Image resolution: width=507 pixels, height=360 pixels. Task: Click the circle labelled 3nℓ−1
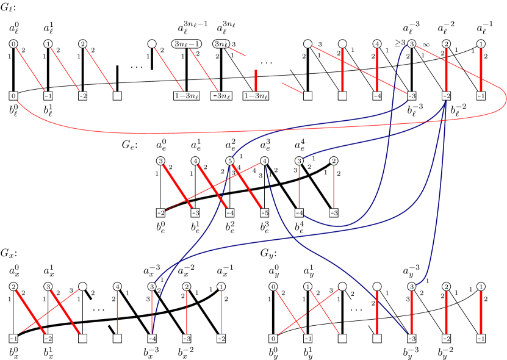click(x=186, y=44)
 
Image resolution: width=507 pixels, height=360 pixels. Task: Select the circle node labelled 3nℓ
click(x=221, y=44)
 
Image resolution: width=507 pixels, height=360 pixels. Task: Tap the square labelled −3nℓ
click(x=221, y=96)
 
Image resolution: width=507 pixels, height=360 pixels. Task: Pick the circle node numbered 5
click(x=230, y=161)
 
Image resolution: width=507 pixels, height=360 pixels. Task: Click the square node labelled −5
click(x=265, y=213)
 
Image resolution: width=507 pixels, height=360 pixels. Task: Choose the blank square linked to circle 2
click(x=117, y=96)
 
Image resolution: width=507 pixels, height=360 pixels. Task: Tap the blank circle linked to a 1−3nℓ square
click(x=152, y=44)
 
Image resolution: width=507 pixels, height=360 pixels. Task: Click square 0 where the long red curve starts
click(x=13, y=96)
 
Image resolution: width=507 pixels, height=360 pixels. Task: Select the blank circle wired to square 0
click(x=342, y=286)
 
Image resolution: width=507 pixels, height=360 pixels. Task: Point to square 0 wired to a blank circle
click(x=273, y=338)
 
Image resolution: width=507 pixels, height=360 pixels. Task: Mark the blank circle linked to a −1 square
click(x=82, y=286)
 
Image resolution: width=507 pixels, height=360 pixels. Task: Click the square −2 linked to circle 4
click(x=160, y=213)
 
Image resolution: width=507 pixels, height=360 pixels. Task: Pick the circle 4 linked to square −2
click(x=265, y=161)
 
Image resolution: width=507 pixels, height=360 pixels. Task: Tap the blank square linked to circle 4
click(x=117, y=338)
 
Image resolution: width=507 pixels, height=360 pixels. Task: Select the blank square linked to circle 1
click(x=342, y=338)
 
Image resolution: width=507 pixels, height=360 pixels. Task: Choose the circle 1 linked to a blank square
click(x=308, y=286)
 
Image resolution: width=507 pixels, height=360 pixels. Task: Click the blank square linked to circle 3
click(x=82, y=338)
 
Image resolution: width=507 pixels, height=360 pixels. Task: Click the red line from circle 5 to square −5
click(x=247, y=187)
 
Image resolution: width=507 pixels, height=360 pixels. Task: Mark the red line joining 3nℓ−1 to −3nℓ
click(x=204, y=70)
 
